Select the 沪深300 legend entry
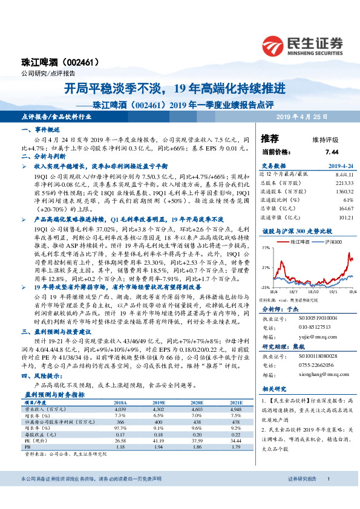pyautogui.click(x=332, y=242)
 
